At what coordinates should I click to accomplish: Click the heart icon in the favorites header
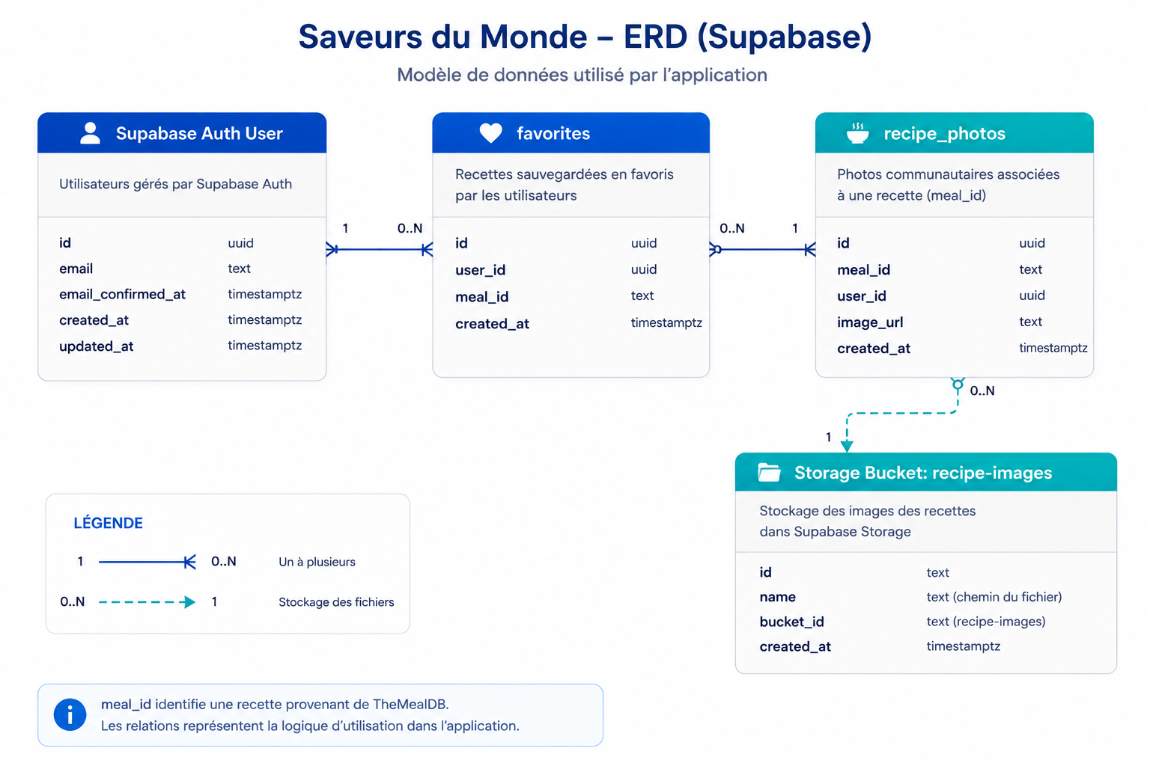pyautogui.click(x=491, y=133)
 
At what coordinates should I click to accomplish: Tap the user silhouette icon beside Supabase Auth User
pyautogui.click(x=91, y=133)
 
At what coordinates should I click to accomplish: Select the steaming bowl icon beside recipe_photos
pyautogui.click(x=857, y=133)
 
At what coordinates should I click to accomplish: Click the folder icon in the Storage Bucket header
pyautogui.click(x=769, y=472)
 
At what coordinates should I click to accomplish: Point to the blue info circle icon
pyautogui.click(x=70, y=714)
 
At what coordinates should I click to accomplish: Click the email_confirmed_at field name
pyautogui.click(x=122, y=294)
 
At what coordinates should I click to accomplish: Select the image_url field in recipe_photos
pyautogui.click(x=870, y=322)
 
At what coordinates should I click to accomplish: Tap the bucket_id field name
pyautogui.click(x=791, y=622)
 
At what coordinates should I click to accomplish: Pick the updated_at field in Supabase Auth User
pyautogui.click(x=96, y=346)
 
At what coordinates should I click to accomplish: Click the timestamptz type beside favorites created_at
pyautogui.click(x=666, y=322)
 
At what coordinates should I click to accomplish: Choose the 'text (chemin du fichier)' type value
pyautogui.click(x=994, y=597)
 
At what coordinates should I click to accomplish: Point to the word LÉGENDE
pyautogui.click(x=109, y=523)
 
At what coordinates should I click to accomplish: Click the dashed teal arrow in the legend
pyautogui.click(x=147, y=602)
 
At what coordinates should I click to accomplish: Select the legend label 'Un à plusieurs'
pyautogui.click(x=317, y=562)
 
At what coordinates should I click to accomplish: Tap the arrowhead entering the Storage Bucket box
pyautogui.click(x=847, y=445)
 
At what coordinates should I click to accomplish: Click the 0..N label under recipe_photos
pyautogui.click(x=982, y=390)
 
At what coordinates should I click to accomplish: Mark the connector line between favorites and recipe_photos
pyautogui.click(x=762, y=250)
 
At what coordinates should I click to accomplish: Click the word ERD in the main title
pyautogui.click(x=655, y=37)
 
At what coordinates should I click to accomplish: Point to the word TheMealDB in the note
pyautogui.click(x=410, y=704)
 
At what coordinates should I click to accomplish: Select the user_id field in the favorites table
pyautogui.click(x=480, y=270)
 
